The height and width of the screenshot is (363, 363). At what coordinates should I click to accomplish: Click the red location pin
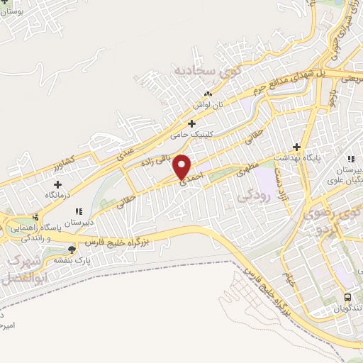[x=183, y=166]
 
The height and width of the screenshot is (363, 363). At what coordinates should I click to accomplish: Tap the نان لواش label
[x=211, y=104]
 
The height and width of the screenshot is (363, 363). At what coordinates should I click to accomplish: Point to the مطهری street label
[x=242, y=169]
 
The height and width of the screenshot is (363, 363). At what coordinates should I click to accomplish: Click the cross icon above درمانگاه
[x=57, y=184]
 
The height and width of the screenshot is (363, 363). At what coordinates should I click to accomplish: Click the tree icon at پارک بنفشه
[x=71, y=249]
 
